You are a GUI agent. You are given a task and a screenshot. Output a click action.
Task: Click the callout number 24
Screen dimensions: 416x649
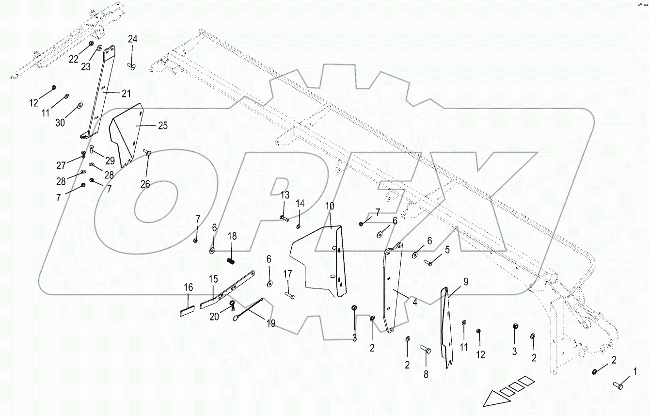point(133,39)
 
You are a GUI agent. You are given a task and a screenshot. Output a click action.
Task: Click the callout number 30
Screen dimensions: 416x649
point(60,123)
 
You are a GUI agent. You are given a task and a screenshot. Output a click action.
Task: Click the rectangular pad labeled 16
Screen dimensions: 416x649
point(187,311)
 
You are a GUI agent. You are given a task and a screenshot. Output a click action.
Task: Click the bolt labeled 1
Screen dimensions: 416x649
point(618,385)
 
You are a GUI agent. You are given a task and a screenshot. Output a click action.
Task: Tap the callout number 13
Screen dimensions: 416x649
point(285,195)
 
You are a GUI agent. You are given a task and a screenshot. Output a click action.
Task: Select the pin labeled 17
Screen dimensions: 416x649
point(290,295)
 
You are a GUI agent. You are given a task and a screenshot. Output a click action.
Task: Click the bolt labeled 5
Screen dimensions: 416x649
point(428,263)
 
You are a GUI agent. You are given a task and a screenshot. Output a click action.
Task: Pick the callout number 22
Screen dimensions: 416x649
point(74,59)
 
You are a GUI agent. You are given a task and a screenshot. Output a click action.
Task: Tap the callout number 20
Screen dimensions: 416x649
point(214,317)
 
